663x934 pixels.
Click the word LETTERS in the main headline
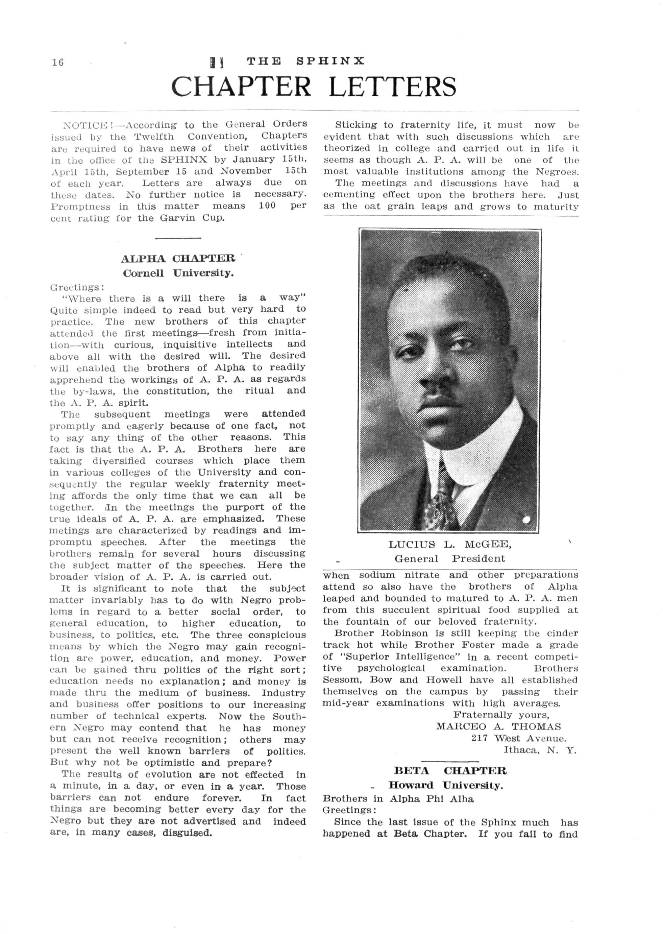point(392,87)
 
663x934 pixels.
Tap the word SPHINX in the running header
point(330,61)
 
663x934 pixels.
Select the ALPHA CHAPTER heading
point(178,259)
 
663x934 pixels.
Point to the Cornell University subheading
point(178,273)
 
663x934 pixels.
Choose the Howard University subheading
point(445,785)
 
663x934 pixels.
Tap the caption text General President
point(449,559)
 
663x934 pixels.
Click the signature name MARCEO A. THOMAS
point(498,726)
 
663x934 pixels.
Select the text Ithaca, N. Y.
point(539,750)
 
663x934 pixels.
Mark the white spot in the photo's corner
point(526,520)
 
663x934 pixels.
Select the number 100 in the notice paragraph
point(267,206)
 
